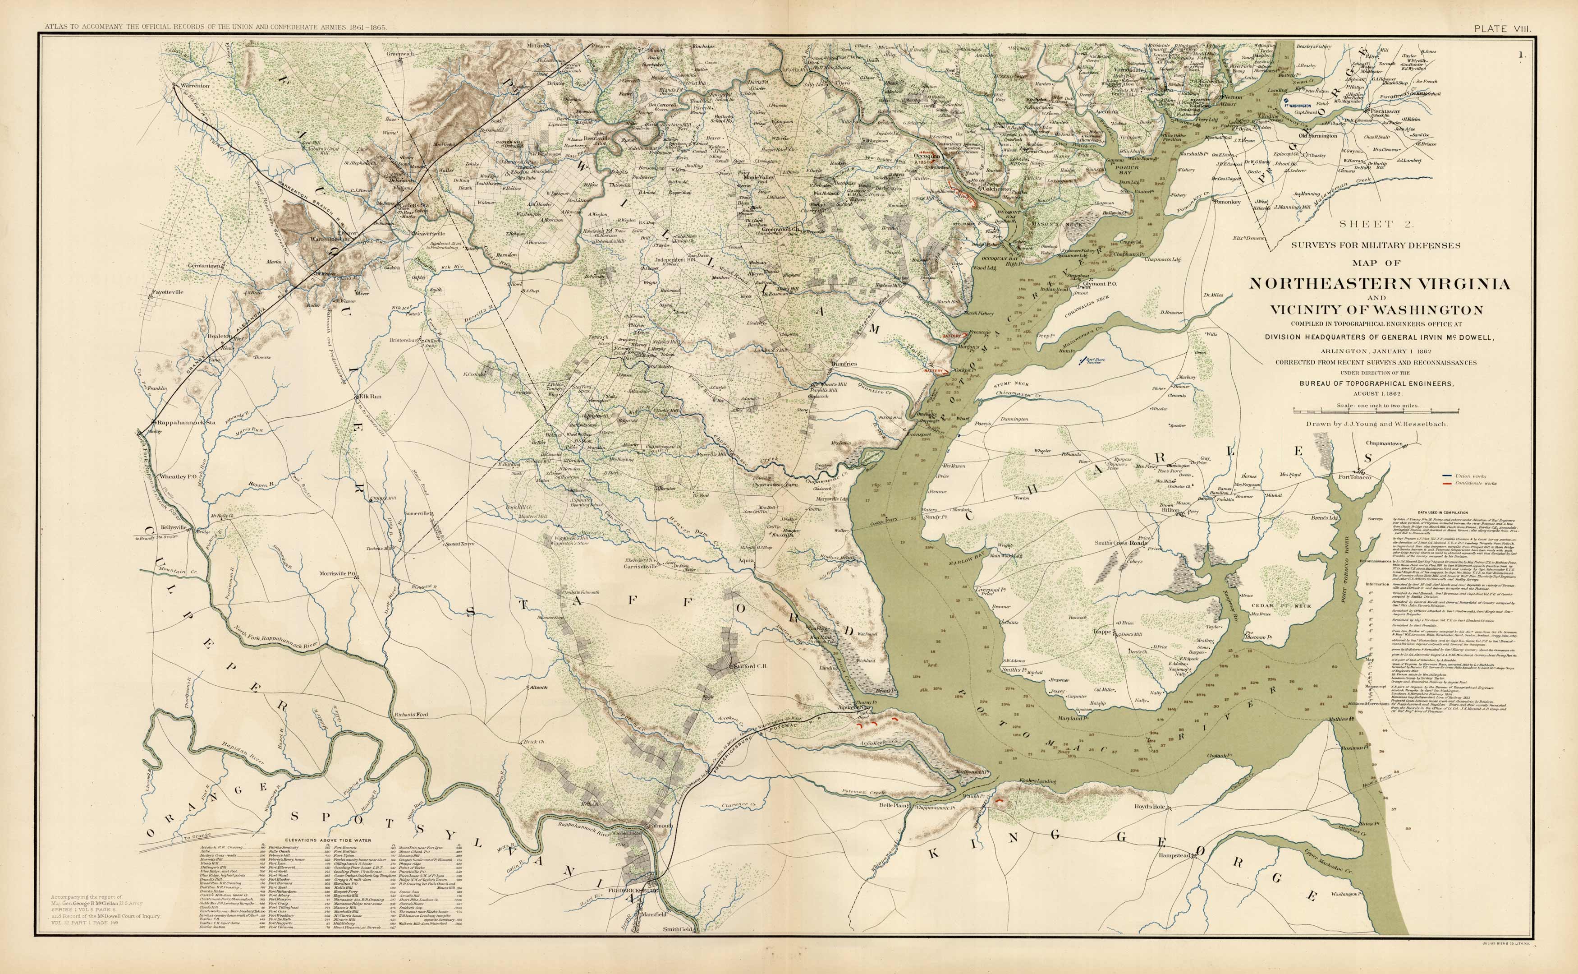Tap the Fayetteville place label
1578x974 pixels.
click(167, 292)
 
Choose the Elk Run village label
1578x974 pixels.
click(370, 397)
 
